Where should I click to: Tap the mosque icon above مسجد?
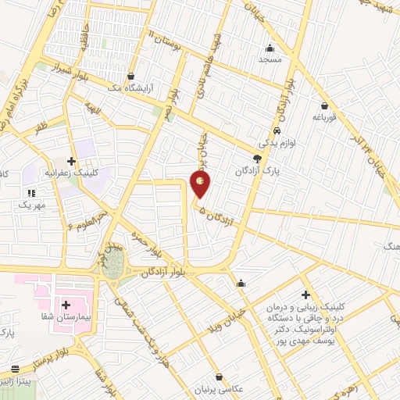270,47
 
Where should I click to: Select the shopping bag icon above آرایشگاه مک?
141,77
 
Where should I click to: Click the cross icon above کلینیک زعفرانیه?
71,160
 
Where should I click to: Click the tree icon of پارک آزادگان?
257,157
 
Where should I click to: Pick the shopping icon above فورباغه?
323,105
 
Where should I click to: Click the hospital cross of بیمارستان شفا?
66,305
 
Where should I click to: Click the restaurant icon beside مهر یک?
32,192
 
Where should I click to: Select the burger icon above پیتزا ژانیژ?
15,369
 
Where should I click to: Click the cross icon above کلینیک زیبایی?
305,295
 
